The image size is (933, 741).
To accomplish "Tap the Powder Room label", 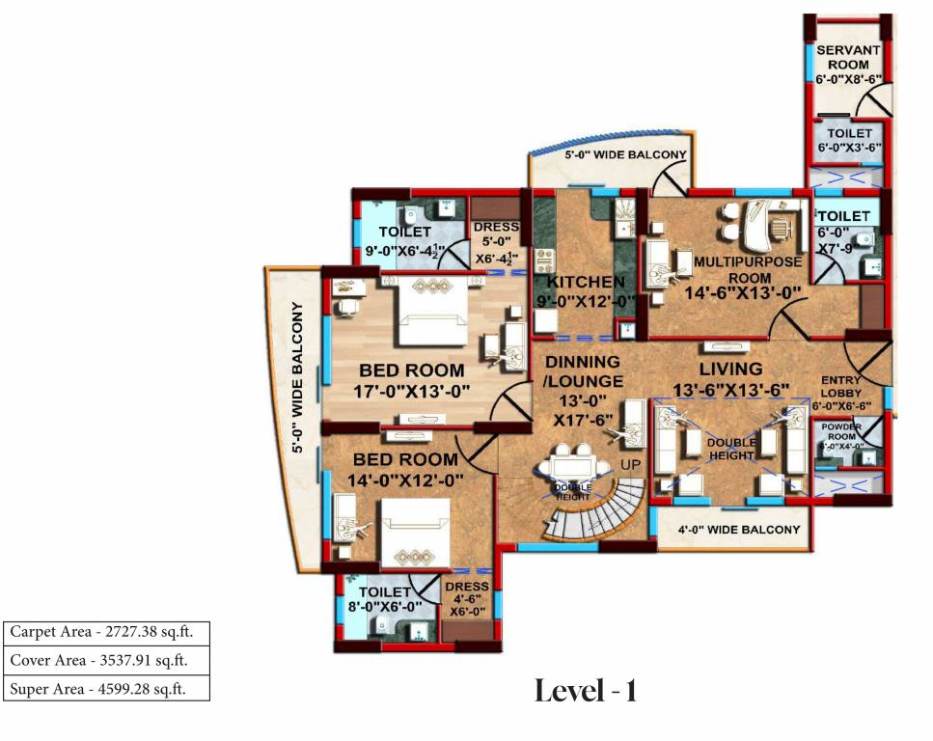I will [x=842, y=430].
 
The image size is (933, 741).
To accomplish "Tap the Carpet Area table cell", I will [x=105, y=632].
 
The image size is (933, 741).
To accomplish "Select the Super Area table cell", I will [x=105, y=689].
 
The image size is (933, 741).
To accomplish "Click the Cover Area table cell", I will [x=105, y=661].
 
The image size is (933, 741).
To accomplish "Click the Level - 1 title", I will [x=586, y=691].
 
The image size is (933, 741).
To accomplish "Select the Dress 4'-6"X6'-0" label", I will [x=469, y=598].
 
